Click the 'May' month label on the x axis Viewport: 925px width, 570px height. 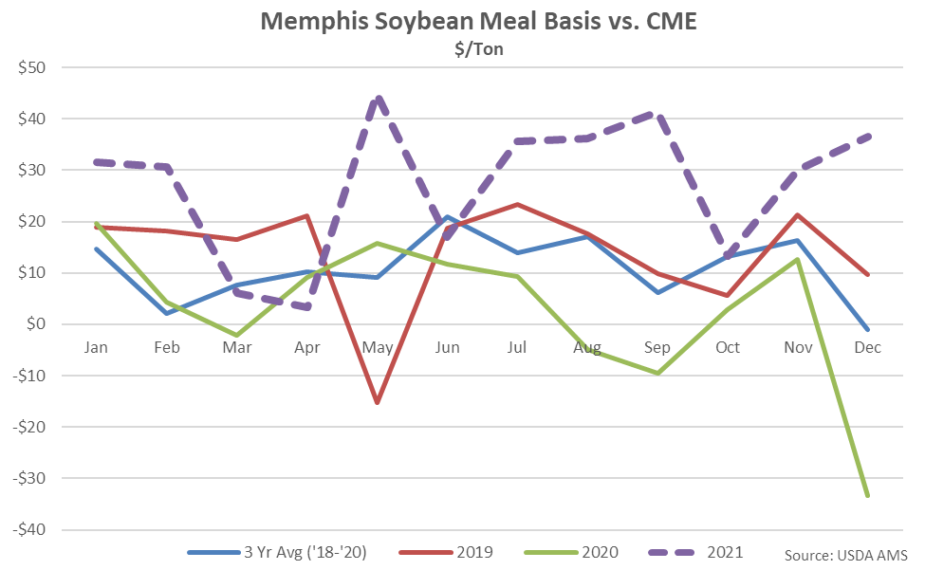pos(377,348)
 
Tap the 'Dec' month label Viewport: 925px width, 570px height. pos(867,348)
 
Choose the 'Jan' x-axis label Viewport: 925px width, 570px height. pos(96,348)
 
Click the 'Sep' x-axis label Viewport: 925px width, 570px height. pos(657,348)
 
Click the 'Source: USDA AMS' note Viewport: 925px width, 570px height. pos(846,554)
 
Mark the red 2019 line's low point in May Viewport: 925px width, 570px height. pos(377,403)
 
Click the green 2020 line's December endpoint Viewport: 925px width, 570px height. pos(867,495)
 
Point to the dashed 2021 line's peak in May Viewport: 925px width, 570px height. pos(378,99)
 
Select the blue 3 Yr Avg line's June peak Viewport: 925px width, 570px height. pos(447,217)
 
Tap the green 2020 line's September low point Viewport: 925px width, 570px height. pos(657,373)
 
